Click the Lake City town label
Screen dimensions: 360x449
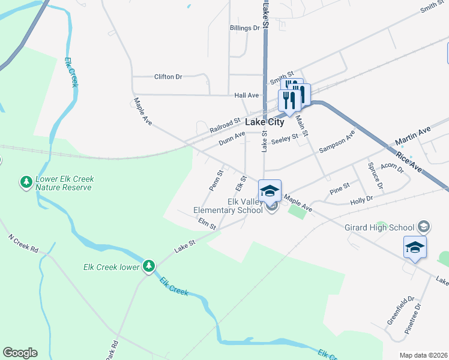pos(265,122)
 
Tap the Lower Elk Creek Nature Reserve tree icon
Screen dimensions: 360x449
pos(26,181)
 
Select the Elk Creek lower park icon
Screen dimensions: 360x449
pos(148,266)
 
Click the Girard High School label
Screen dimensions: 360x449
pos(379,227)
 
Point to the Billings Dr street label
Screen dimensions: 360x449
pos(244,28)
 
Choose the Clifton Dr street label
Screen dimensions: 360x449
pos(168,77)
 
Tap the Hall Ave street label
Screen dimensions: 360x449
pos(246,95)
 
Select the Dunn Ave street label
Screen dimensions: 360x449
pos(232,139)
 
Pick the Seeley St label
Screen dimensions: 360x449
pos(285,139)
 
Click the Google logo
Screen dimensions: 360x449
pos(20,353)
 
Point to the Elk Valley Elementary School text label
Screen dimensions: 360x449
pos(228,206)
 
